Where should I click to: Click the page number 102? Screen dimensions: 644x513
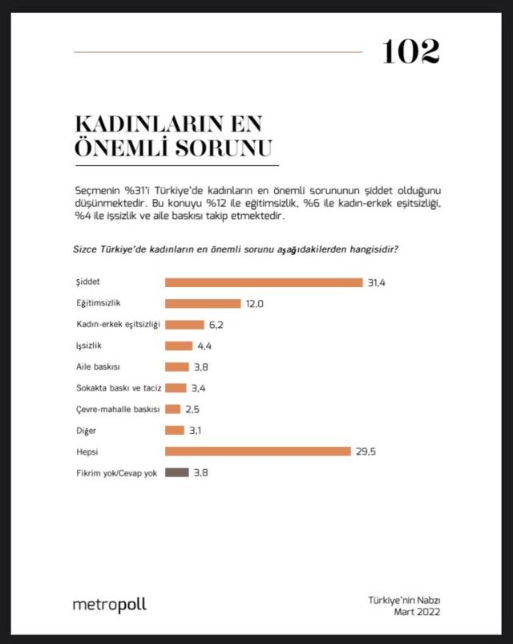tap(410, 53)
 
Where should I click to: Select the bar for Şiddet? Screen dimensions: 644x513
tap(264, 282)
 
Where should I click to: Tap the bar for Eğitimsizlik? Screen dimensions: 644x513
tap(203, 303)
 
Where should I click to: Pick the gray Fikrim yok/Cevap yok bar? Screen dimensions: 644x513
tap(176, 472)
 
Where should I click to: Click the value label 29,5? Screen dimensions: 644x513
tap(366, 452)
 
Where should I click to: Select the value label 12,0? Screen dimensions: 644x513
tap(254, 303)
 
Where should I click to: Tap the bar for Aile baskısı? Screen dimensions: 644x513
tap(176, 367)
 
